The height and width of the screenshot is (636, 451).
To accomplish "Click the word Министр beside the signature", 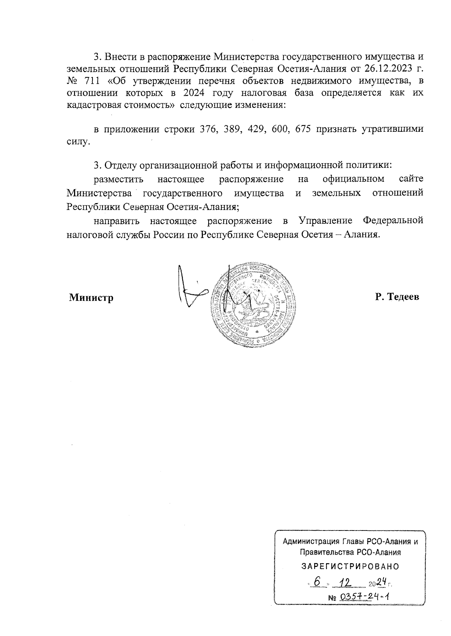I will pyautogui.click(x=91, y=298).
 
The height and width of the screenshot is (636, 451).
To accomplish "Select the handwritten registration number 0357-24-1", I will pyautogui.click(x=364, y=597).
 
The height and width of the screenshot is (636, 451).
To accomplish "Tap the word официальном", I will pyautogui.click(x=353, y=179).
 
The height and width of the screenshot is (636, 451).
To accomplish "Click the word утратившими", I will pyautogui.click(x=392, y=130).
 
